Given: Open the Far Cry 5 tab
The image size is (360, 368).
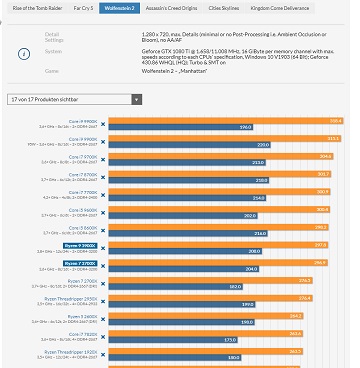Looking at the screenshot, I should [81, 8].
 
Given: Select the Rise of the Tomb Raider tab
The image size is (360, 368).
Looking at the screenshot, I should [33, 8].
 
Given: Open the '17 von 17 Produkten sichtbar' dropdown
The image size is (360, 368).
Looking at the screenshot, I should [74, 101].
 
